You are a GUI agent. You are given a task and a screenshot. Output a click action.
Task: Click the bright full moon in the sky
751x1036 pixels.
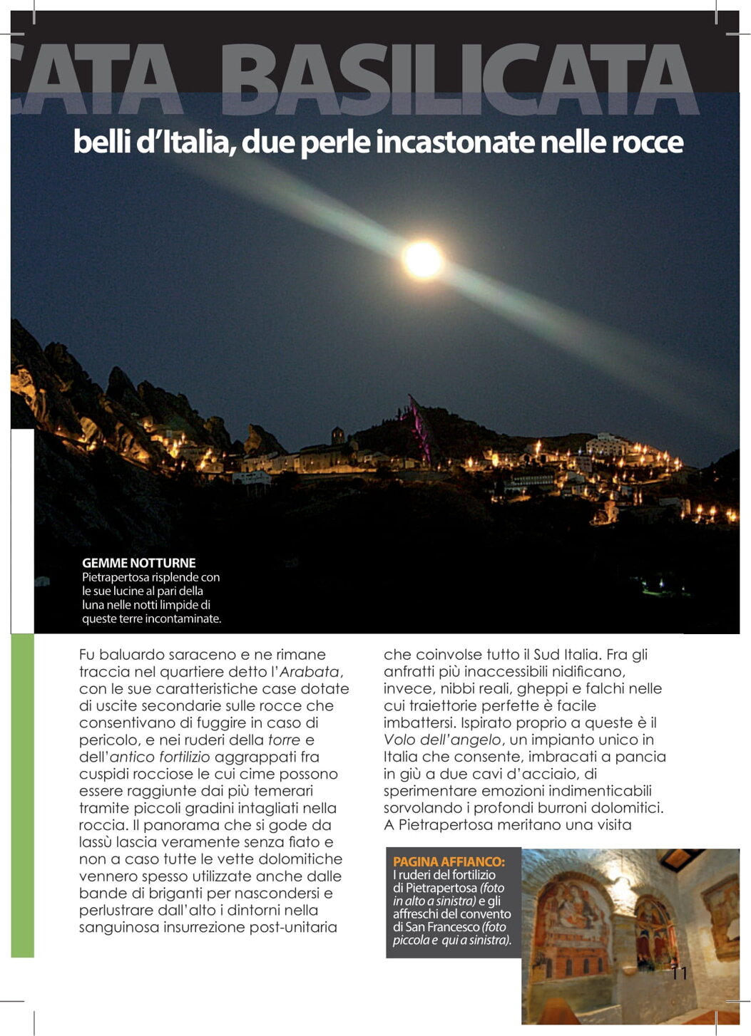(x=423, y=259)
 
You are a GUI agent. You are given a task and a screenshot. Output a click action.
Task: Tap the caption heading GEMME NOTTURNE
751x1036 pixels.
(x=138, y=563)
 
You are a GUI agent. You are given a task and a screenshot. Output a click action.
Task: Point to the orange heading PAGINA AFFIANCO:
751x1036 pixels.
(x=449, y=861)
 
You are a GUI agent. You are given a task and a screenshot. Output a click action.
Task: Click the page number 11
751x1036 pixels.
(x=678, y=973)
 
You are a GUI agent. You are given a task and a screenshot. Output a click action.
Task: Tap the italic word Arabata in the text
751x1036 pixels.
(x=310, y=672)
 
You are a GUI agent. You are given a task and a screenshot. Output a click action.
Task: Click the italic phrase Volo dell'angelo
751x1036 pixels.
(x=442, y=740)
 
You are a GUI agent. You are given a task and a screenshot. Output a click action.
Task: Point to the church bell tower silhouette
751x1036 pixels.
(x=337, y=435)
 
